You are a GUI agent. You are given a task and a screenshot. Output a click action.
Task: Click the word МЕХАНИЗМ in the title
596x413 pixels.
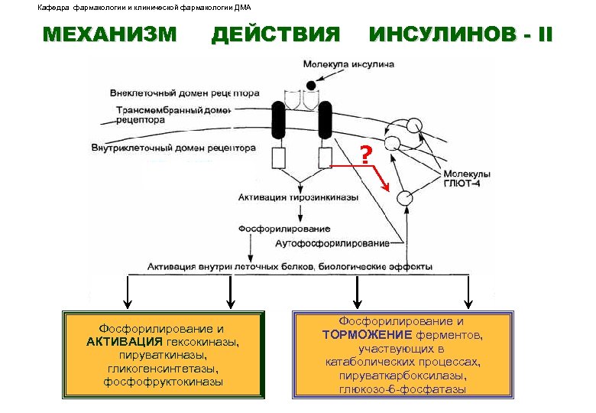pos(110,35)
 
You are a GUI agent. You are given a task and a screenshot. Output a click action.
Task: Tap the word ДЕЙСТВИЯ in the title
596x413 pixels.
pos(275,35)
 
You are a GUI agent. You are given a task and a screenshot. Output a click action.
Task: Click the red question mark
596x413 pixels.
pos(366,156)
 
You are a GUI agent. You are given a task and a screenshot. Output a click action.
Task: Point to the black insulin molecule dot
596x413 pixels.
pos(309,85)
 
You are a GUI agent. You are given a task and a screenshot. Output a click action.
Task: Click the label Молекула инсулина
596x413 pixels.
pos(348,64)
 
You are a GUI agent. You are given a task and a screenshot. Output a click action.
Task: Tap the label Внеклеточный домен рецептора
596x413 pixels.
pos(184,93)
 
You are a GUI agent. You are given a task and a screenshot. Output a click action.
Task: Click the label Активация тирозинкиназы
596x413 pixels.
pos(298,197)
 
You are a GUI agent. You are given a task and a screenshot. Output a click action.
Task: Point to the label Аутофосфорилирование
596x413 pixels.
pos(332,243)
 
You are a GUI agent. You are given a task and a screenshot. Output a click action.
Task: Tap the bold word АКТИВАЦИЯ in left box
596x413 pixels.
pos(125,341)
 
